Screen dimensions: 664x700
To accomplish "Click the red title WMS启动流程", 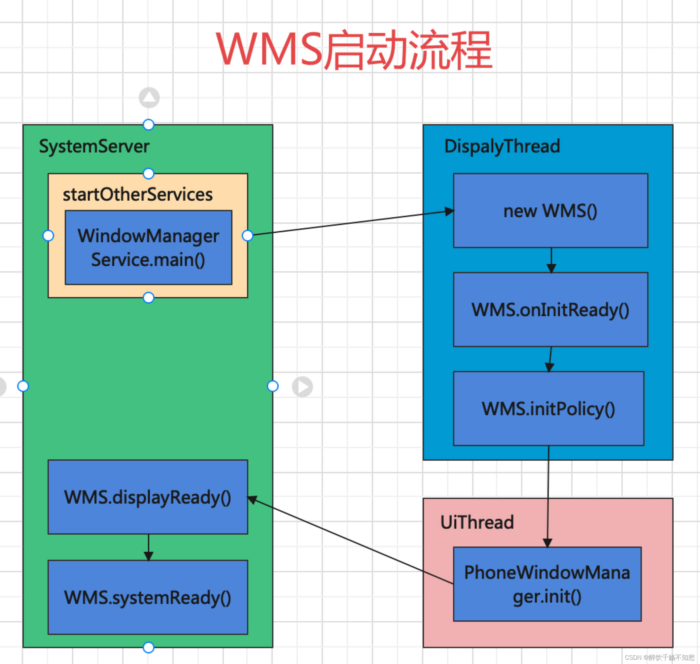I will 354,50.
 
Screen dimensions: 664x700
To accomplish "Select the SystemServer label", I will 94,146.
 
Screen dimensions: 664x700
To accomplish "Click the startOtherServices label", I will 138,194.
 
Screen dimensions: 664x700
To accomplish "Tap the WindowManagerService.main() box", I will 148,248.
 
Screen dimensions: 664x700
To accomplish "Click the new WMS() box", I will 550,211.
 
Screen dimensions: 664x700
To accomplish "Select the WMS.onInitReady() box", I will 550,310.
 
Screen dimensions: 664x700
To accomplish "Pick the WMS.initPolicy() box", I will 548,409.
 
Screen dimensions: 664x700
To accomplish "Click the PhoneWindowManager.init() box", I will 547,584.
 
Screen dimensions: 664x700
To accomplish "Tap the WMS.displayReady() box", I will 148,497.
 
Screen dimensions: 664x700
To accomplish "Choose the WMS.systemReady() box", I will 148,597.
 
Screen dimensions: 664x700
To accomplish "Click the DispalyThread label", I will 502,146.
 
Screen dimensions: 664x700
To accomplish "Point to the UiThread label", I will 477,522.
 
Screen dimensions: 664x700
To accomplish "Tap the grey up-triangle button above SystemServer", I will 149,98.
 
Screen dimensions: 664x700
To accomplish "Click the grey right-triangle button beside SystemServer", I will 302,386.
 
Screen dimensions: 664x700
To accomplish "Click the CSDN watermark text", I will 660,657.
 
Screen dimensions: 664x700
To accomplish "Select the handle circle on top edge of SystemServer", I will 148,125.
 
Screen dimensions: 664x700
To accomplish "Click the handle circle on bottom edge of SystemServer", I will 148,647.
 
